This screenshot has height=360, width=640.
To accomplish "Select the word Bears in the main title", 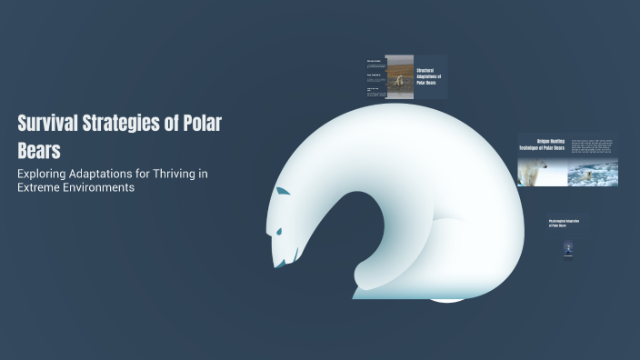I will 39,150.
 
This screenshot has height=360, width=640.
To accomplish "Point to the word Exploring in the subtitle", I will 46,173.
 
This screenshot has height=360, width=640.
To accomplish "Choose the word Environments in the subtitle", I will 101,188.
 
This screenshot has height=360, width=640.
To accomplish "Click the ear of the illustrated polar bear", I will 283,193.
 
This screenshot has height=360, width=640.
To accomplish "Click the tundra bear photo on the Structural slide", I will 399,76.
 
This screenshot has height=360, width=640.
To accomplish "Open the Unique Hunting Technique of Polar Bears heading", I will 542,145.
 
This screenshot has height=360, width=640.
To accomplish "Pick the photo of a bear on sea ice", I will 594,172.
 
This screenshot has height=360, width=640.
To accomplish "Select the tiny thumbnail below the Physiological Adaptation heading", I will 567,250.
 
